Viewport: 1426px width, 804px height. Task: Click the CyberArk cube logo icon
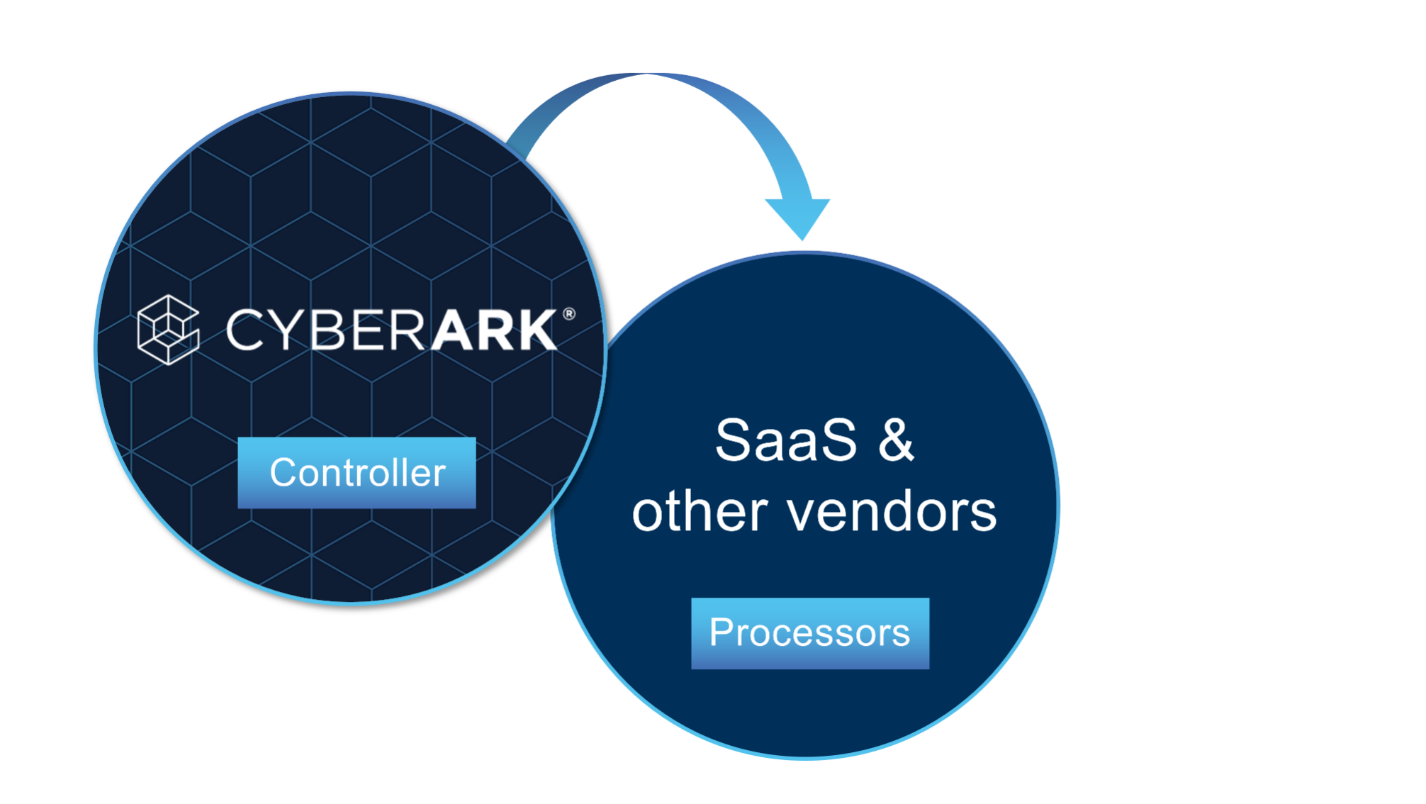click(168, 330)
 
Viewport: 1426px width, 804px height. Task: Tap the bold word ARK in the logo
click(494, 330)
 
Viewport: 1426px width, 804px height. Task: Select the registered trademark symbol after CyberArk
click(568, 313)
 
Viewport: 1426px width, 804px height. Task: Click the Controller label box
click(356, 473)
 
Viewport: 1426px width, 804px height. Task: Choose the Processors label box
click(810, 633)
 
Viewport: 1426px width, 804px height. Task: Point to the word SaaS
click(785, 440)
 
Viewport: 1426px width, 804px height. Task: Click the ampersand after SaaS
click(896, 440)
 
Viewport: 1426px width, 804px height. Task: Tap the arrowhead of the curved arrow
click(799, 216)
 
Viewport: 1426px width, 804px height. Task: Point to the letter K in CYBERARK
click(532, 330)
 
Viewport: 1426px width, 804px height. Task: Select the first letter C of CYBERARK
click(245, 330)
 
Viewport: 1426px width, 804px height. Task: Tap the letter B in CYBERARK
click(328, 330)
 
